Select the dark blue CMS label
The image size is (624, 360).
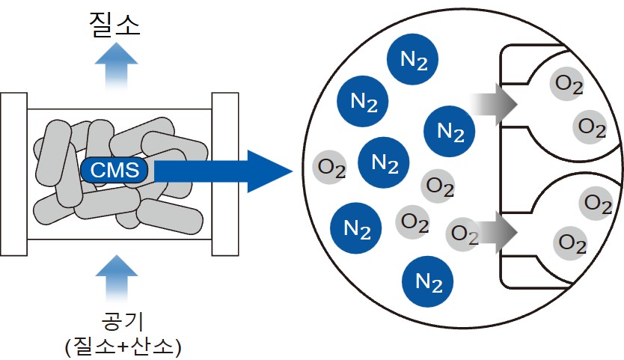[114, 171]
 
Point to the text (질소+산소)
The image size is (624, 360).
[119, 345]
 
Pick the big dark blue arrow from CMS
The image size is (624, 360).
[224, 171]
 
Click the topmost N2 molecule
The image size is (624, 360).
[413, 58]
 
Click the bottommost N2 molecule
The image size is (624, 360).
[428, 283]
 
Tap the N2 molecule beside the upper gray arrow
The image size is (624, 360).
[449, 131]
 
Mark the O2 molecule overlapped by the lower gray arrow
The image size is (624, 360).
[464, 235]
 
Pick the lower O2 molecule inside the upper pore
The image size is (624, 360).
[591, 128]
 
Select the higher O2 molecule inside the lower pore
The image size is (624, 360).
[596, 202]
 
